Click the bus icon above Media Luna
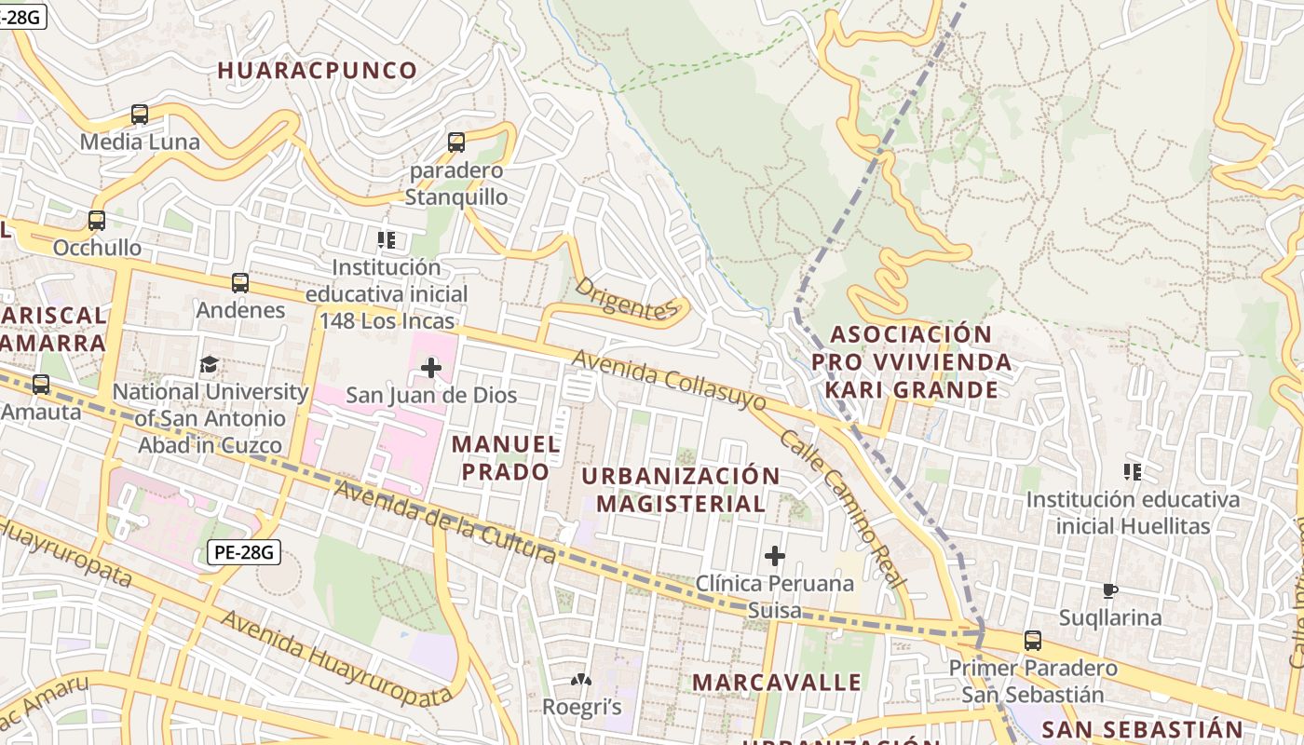pos(140,115)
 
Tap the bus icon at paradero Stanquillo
pos(456,142)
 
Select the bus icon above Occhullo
pos(97,221)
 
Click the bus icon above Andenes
pos(240,283)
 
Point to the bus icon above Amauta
pos(41,384)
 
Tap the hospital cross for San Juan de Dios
pos(430,368)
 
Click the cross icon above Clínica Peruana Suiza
pos(774,557)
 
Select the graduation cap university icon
pos(210,364)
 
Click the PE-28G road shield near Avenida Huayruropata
pos(243,552)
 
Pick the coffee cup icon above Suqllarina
pos(1109,590)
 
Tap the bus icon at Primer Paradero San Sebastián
pos(1033,641)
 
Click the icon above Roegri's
pos(581,681)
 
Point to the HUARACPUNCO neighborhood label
pos(318,71)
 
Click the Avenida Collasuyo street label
pos(669,381)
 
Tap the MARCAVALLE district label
pos(777,682)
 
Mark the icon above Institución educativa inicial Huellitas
pos(1132,472)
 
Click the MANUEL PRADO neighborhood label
pos(506,458)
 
